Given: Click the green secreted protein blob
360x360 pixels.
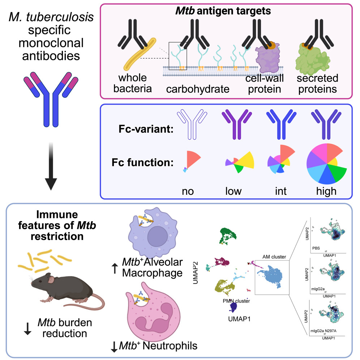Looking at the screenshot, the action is [x=313, y=60].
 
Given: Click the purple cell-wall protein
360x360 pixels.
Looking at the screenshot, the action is [x=268, y=59].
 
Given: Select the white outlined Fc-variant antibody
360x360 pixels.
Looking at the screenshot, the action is [x=192, y=124].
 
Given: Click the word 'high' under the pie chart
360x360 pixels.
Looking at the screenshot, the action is [x=326, y=191].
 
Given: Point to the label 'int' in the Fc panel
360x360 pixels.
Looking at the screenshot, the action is [x=281, y=191].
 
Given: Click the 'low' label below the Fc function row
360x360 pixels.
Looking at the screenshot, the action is [x=233, y=191].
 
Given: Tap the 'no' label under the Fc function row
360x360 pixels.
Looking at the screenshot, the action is [x=188, y=191].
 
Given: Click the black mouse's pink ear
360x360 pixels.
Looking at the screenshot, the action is [x=51, y=279].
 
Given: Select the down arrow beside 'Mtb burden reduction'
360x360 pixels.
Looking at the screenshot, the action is [x=27, y=329].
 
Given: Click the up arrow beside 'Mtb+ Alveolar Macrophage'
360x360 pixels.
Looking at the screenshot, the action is [x=115, y=268].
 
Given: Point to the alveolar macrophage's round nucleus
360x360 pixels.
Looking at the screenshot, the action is [x=158, y=236].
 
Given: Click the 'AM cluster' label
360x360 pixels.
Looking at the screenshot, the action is [x=274, y=257].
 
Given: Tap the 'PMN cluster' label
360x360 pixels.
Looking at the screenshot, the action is [x=236, y=301].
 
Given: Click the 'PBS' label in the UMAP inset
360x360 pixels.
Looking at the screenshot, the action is [x=316, y=248].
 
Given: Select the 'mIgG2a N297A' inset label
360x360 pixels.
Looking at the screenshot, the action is [x=323, y=331].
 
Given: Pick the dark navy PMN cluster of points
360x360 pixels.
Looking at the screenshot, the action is [x=233, y=307].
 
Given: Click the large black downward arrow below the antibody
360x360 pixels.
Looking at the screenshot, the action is [x=51, y=166].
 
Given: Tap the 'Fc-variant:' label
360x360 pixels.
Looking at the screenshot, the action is [x=146, y=129].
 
